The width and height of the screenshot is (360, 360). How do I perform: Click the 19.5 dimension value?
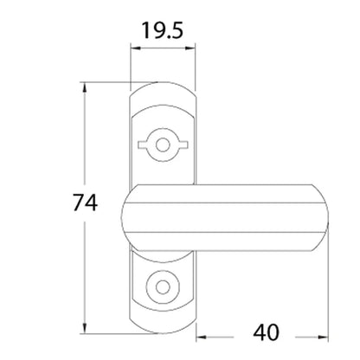pos(163,31)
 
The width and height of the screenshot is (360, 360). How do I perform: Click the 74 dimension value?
pos(85,202)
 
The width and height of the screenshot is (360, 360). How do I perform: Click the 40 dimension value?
pos(266,332)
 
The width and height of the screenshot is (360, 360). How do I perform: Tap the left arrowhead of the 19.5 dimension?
pos(135,48)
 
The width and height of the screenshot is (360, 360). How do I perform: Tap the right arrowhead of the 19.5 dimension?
pos(190,48)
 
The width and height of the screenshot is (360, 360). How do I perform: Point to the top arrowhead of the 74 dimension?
pos(85,87)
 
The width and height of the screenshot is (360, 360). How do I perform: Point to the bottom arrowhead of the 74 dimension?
pos(85,328)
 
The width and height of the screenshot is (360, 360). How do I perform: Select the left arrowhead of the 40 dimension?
pos(202,337)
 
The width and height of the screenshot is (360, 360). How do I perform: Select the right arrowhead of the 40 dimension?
pos(323,337)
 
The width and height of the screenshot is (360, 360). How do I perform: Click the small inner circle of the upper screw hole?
pos(163,145)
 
